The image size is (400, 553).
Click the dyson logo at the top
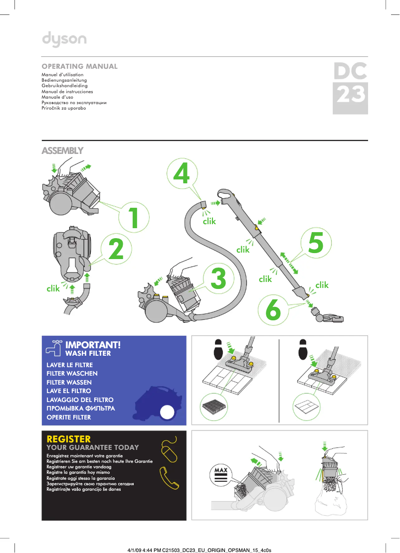pyautogui.click(x=64, y=39)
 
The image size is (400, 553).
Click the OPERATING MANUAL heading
pyautogui.click(x=80, y=66)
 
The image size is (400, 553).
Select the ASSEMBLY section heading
pyautogui.click(x=62, y=150)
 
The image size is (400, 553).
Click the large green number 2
pyautogui.click(x=116, y=249)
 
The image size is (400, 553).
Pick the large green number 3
pyautogui.click(x=218, y=278)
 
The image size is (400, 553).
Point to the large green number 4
pyautogui.click(x=181, y=173)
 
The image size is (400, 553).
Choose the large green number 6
pyautogui.click(x=273, y=309)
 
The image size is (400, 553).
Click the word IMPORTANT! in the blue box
pyautogui.click(x=93, y=345)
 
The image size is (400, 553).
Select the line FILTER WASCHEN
pyautogui.click(x=72, y=373)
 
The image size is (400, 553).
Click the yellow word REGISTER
pyautogui.click(x=68, y=439)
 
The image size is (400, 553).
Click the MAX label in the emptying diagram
pyautogui.click(x=220, y=470)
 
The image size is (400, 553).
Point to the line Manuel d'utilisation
pyautogui.click(x=62, y=74)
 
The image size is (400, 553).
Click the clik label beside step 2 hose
pyautogui.click(x=53, y=288)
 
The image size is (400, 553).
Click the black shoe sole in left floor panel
pyautogui.click(x=218, y=349)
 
